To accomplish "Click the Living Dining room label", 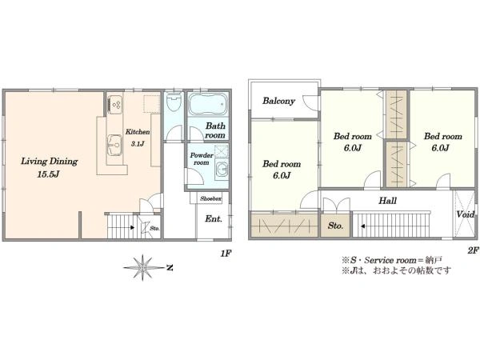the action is (50, 162).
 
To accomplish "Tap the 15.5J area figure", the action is (48, 174).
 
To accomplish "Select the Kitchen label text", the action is (138, 132).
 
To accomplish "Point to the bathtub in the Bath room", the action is (208, 103).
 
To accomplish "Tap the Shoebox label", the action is (211, 198).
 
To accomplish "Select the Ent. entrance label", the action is (214, 219).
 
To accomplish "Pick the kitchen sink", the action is (114, 145).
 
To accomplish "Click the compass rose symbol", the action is (142, 267).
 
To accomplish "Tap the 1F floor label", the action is (226, 254).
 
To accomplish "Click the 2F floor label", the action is (473, 250).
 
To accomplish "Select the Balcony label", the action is (278, 101).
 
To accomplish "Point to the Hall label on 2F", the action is (387, 201).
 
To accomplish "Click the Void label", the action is (466, 214).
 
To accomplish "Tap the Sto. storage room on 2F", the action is (335, 226).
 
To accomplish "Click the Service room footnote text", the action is (392, 260).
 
